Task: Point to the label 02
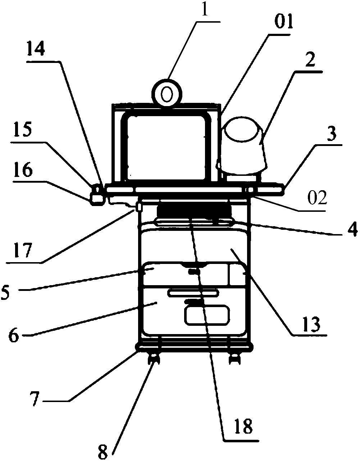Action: tap(316, 197)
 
